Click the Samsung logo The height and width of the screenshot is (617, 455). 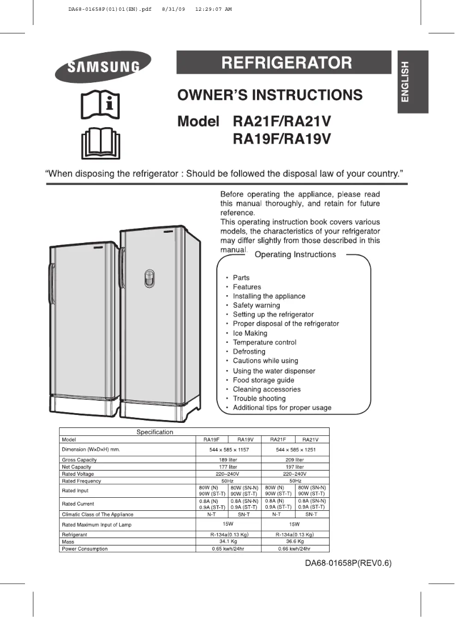103,66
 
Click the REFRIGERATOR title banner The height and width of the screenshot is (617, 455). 284,62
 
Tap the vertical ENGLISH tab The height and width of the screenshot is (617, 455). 405,81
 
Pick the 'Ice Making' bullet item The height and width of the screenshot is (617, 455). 250,333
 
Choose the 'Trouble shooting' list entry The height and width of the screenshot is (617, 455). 259,398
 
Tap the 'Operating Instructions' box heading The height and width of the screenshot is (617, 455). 295,255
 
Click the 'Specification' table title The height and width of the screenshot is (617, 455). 155,432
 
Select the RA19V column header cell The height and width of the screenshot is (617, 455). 245,439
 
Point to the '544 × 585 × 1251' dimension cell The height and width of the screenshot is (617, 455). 294,450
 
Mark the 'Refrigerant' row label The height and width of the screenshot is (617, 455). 74,535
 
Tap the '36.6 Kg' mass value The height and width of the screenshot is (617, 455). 294,542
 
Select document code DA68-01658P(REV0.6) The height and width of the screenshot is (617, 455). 348,564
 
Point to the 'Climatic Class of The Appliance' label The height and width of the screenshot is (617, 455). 97,514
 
